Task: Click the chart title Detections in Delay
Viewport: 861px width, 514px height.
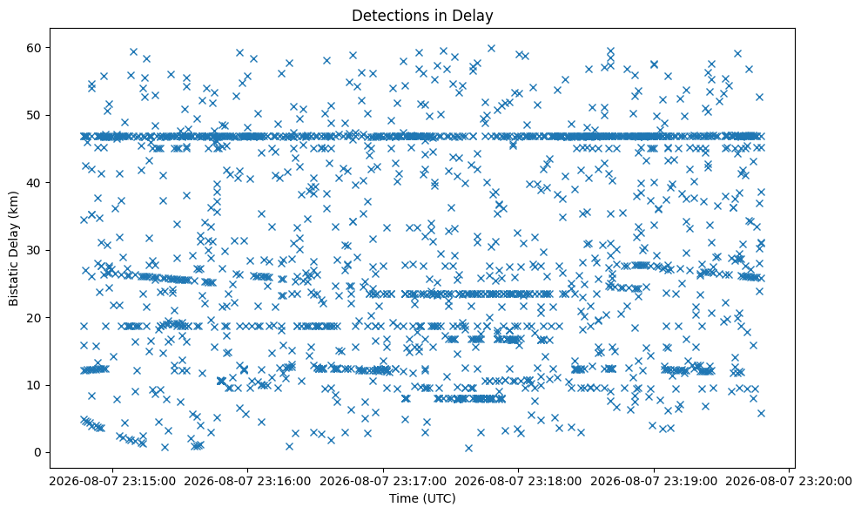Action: [422, 16]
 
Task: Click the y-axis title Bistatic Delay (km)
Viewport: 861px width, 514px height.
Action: [13, 248]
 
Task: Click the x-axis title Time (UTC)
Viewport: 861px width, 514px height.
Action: [422, 498]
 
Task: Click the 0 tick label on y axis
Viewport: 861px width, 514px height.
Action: [39, 452]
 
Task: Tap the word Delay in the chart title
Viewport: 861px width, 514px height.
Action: [476, 16]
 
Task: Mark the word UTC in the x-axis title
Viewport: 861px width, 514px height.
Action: [440, 498]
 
